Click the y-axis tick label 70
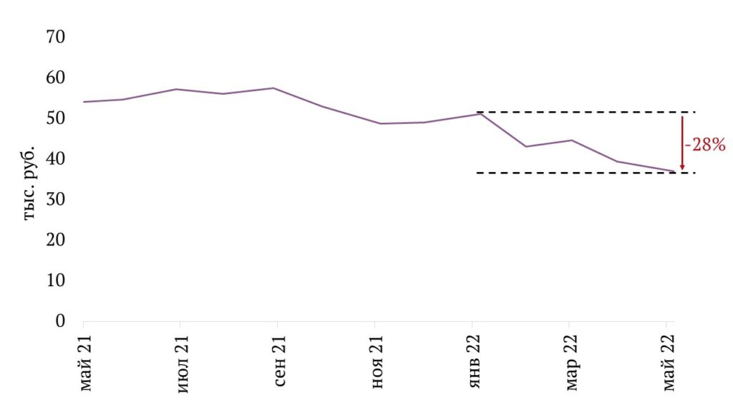(x=54, y=37)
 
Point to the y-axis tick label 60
(x=54, y=77)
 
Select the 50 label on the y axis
(x=54, y=118)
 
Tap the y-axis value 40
(x=54, y=158)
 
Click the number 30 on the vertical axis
(x=54, y=199)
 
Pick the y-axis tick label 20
(x=54, y=239)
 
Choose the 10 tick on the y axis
(x=54, y=280)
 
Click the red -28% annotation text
(x=706, y=145)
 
